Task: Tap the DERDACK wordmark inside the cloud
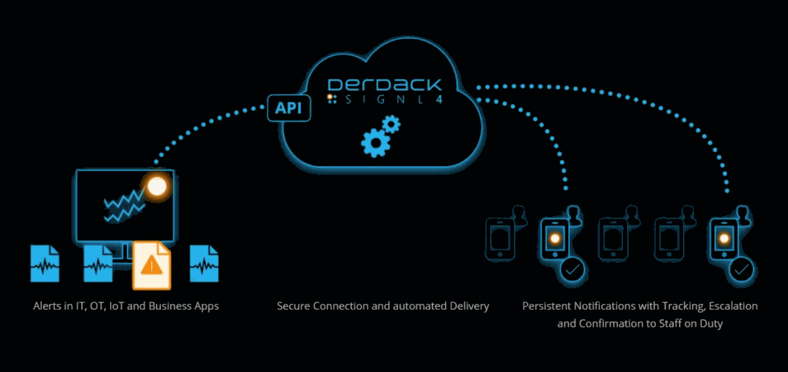[x=384, y=85]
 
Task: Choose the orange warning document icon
[x=151, y=264]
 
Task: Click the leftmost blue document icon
[x=45, y=263]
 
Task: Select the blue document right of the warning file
[x=204, y=263]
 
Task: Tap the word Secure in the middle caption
[x=295, y=306]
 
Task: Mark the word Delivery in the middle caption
[x=467, y=306]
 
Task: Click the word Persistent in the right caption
[x=549, y=306]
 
